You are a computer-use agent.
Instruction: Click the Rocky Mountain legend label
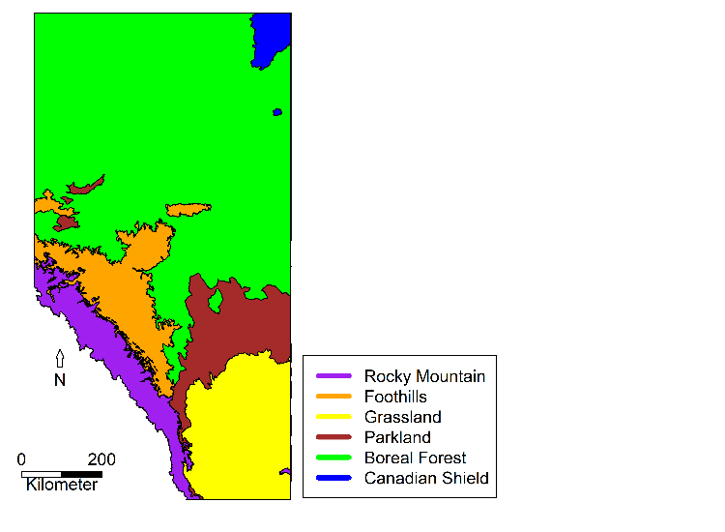pyautogui.click(x=424, y=376)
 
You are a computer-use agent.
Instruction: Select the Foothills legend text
pyautogui.click(x=395, y=397)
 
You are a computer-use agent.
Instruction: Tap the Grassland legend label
pyautogui.click(x=402, y=417)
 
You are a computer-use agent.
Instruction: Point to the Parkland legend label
pyautogui.click(x=397, y=437)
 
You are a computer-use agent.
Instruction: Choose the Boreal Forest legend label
pyautogui.click(x=415, y=458)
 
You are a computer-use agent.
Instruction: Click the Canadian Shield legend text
pyautogui.click(x=426, y=478)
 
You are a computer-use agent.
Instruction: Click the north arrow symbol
pyautogui.click(x=60, y=359)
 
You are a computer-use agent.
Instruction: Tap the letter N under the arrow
pyautogui.click(x=60, y=380)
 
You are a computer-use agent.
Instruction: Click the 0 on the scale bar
pyautogui.click(x=22, y=459)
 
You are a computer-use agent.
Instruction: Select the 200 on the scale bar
pyautogui.click(x=101, y=459)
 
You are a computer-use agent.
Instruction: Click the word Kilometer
pyautogui.click(x=62, y=485)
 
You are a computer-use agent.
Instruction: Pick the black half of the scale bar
pyautogui.click(x=82, y=474)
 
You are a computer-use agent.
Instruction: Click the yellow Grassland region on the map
pyautogui.click(x=242, y=426)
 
